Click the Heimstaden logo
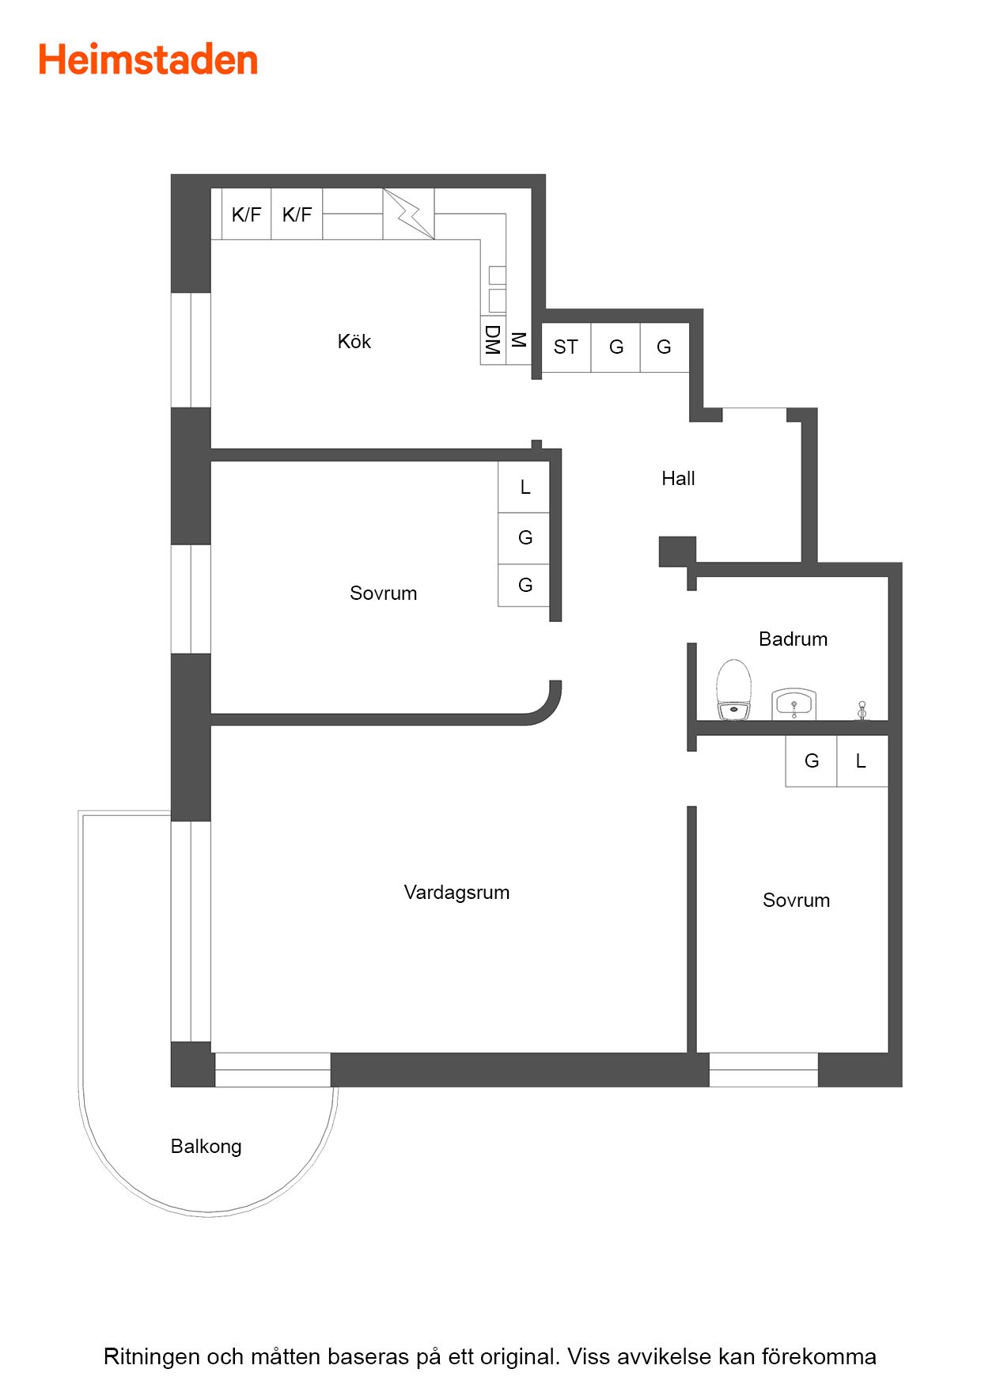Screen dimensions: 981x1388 point(148,60)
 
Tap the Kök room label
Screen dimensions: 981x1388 point(354,341)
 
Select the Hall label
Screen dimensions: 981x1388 point(678,478)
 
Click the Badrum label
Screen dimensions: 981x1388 point(793,639)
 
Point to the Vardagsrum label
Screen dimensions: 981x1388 point(456,892)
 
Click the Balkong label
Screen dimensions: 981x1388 point(206,1147)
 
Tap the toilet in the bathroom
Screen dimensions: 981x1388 point(733,690)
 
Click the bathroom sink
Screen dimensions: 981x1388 point(794,704)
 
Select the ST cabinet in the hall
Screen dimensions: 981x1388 point(566,347)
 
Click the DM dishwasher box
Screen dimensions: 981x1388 point(493,340)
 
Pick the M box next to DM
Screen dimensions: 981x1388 point(519,340)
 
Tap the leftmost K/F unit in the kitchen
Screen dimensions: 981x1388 point(246,214)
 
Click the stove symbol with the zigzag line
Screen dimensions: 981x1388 point(409,214)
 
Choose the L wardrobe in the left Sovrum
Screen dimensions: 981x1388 point(524,487)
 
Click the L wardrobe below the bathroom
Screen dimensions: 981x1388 point(862,761)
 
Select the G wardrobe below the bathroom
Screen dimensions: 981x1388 point(811,761)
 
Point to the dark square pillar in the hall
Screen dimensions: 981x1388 point(677,552)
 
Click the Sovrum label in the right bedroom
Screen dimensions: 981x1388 point(796,900)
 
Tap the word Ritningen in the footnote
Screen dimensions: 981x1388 point(152,1356)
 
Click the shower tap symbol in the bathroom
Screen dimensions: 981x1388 point(862,710)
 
